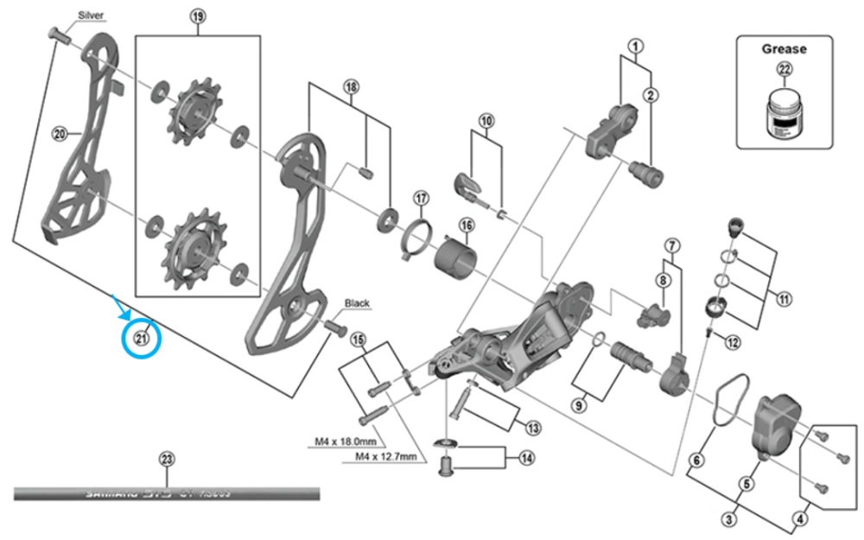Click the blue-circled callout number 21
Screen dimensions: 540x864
coord(141,338)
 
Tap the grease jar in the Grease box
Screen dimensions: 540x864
coord(782,118)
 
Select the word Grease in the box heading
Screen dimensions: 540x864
coord(784,49)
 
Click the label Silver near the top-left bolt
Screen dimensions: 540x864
coord(91,16)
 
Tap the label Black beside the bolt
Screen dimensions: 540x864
coord(357,303)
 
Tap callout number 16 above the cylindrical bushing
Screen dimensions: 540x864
coord(467,226)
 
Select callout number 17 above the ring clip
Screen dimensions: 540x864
coord(421,199)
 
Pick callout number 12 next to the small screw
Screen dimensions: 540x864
coord(733,343)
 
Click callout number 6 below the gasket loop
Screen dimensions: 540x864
coord(696,461)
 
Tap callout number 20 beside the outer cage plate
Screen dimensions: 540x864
coord(60,134)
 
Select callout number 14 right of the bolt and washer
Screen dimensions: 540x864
coord(524,459)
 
